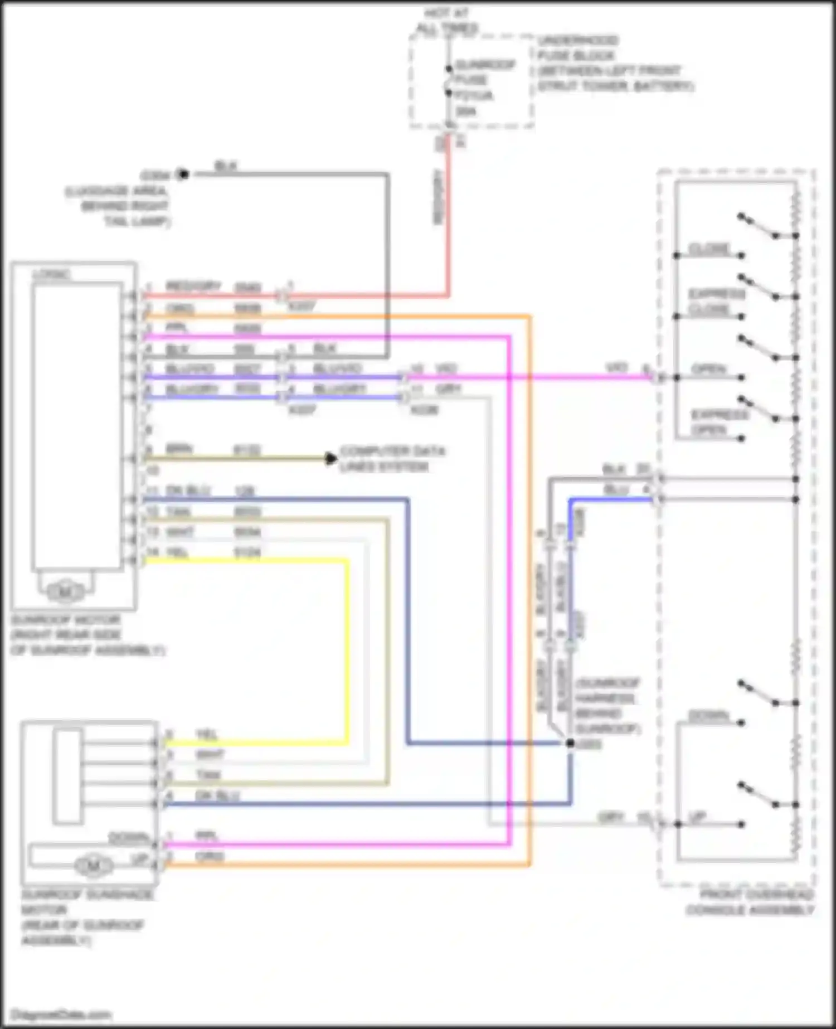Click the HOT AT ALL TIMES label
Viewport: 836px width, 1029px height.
(x=447, y=21)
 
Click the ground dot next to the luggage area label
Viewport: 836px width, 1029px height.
(x=183, y=174)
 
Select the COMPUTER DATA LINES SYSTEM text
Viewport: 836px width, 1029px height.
(x=392, y=458)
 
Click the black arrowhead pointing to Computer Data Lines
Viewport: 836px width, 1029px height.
(x=331, y=459)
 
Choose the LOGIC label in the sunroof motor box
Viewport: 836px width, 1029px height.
(x=51, y=274)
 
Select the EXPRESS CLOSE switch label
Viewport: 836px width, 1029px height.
(x=717, y=302)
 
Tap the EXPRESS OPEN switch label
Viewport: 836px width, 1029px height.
(x=720, y=422)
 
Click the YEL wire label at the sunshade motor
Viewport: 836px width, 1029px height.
(x=207, y=735)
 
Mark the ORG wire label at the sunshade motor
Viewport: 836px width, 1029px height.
(x=210, y=856)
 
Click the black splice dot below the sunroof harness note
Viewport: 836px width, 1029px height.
(x=570, y=743)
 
